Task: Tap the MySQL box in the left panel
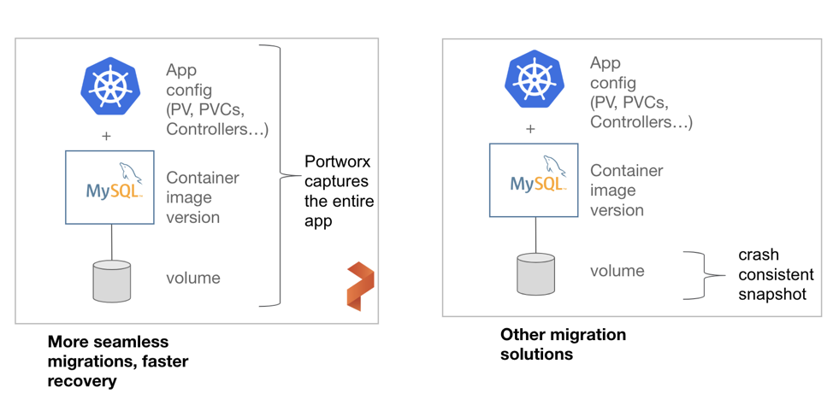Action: click(x=110, y=187)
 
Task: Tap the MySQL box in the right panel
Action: click(x=534, y=179)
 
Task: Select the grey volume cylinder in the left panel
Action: click(x=111, y=281)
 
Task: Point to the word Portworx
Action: click(x=338, y=161)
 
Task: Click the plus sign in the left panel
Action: click(x=107, y=136)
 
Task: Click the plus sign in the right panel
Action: click(x=530, y=129)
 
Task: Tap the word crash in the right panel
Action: click(x=759, y=255)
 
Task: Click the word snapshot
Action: click(x=772, y=294)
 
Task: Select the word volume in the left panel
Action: click(x=193, y=278)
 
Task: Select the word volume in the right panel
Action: click(x=617, y=271)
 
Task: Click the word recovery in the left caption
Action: click(x=82, y=381)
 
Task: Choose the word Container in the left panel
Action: click(x=203, y=178)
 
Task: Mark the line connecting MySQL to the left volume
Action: click(x=111, y=243)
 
